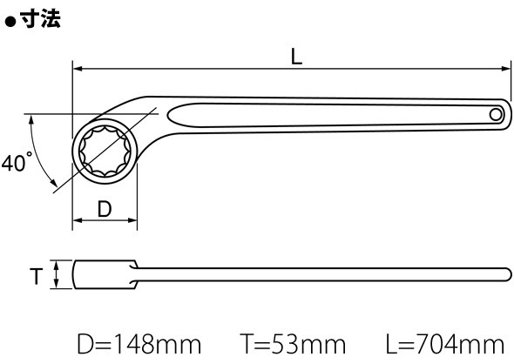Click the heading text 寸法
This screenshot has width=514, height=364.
[x=41, y=19]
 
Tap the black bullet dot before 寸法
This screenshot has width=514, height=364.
[x=10, y=22]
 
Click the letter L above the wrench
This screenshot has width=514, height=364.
[x=296, y=57]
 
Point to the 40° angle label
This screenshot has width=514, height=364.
[x=17, y=162]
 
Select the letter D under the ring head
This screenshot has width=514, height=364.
[x=105, y=209]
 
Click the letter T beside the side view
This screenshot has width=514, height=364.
[x=37, y=276]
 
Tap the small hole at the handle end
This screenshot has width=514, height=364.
[x=496, y=115]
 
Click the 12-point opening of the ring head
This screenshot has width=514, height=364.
[x=105, y=151]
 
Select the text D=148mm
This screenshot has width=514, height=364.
[x=139, y=344]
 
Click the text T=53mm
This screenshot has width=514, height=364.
[x=293, y=344]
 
